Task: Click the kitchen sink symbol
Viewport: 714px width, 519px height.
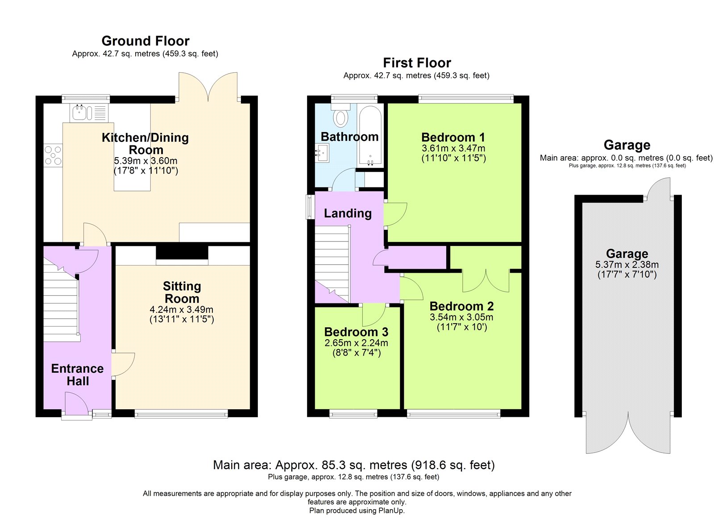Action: coord(89,113)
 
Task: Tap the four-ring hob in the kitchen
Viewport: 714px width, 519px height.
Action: coord(53,156)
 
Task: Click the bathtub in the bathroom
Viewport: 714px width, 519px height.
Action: coord(370,135)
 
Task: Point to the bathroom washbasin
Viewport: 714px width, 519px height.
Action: coord(322,153)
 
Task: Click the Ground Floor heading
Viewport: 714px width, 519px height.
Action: coord(145,41)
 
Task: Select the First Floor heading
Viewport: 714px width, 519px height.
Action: coord(417,62)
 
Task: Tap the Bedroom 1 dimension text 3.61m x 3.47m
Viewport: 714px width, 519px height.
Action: coord(453,148)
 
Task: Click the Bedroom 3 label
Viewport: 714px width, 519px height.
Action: coord(356,332)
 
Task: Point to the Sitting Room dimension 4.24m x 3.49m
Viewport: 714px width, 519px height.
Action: coord(181,310)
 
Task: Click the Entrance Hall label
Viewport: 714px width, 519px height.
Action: coord(78,374)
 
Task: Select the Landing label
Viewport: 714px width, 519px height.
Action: coord(348,213)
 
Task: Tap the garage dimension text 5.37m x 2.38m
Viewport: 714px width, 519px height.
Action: coord(627,265)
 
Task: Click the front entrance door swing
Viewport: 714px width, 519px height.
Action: coord(76,403)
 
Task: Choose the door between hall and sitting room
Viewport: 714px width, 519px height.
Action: coord(123,365)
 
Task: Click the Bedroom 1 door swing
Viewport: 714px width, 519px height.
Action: coord(395,214)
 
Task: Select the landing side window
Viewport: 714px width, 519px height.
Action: coord(310,207)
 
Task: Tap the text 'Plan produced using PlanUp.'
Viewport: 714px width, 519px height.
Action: coord(357,511)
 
